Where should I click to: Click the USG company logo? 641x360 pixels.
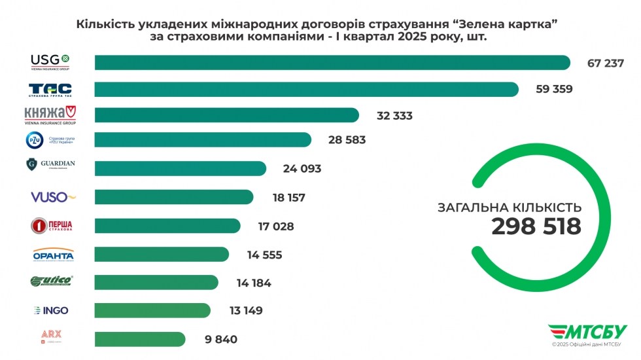click(x=50, y=62)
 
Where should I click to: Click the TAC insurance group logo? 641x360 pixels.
click(x=50, y=90)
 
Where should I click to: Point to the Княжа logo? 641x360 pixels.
click(x=50, y=115)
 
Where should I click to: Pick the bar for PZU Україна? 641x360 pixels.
click(x=203, y=140)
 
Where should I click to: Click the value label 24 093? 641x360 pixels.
click(x=302, y=169)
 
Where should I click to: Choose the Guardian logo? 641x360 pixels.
click(x=51, y=164)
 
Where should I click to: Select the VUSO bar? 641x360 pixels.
click(x=174, y=197)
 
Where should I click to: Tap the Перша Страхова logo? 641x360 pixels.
click(x=52, y=226)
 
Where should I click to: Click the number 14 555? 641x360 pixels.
click(x=264, y=255)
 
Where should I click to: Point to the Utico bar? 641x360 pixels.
click(x=156, y=283)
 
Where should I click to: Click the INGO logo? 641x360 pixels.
click(x=51, y=310)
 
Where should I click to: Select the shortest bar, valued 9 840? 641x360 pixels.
click(x=140, y=339)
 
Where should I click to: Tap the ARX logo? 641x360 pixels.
click(x=51, y=336)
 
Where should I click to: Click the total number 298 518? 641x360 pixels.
click(x=536, y=226)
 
